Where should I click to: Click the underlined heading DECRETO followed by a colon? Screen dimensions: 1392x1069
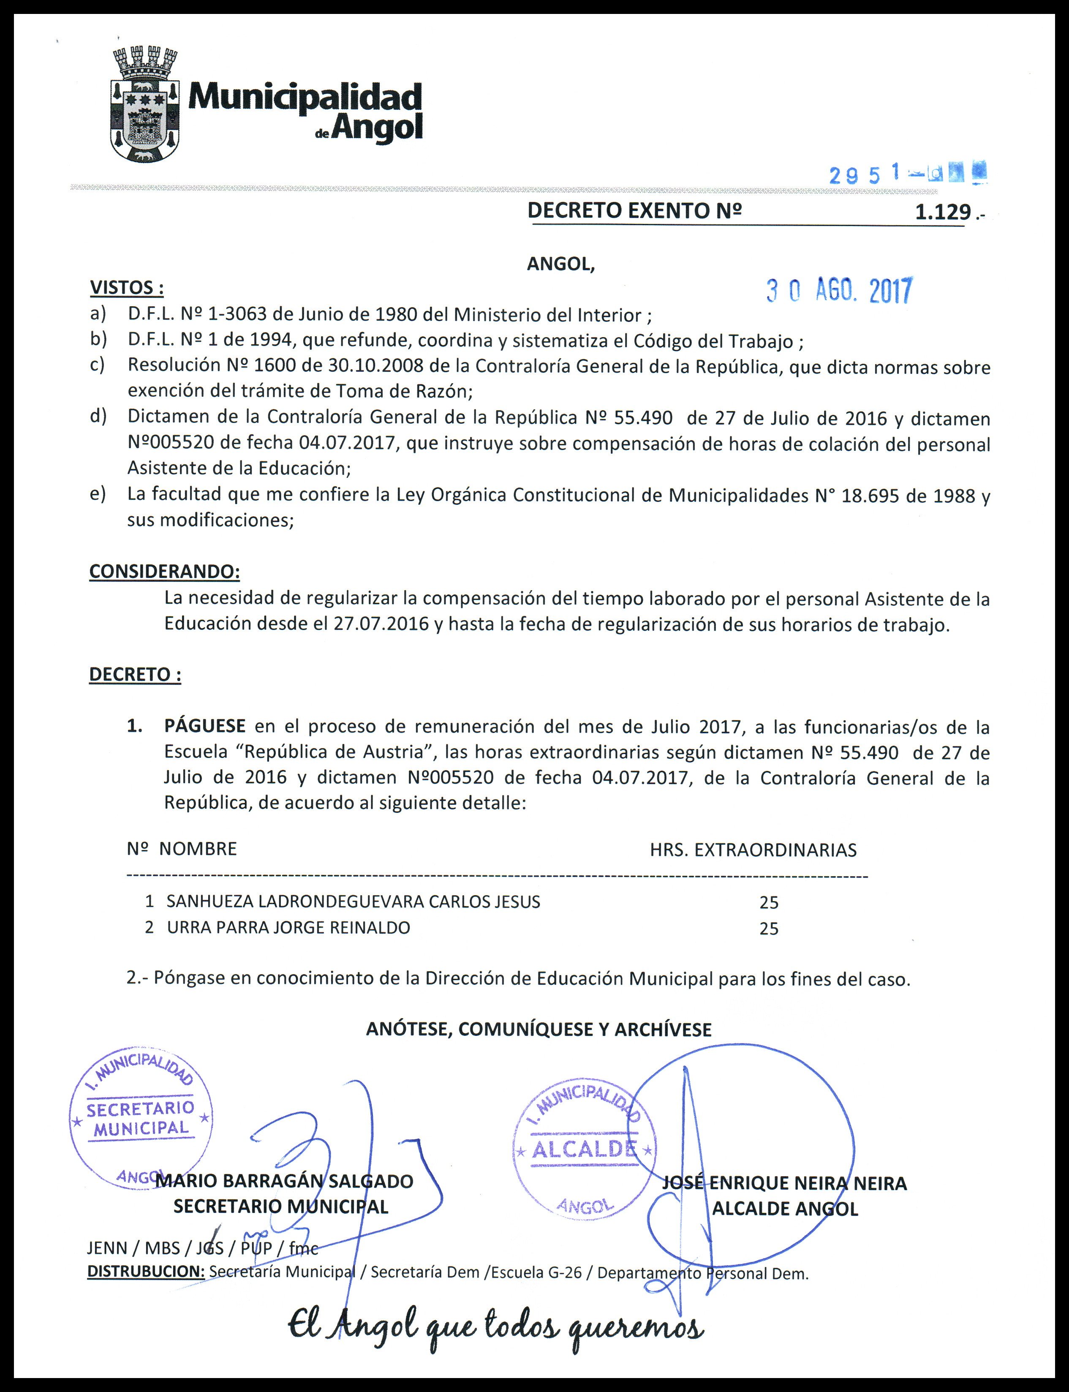tap(135, 674)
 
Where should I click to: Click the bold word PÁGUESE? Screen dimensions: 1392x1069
tap(205, 726)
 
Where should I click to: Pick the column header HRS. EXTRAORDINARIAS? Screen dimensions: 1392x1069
tap(753, 850)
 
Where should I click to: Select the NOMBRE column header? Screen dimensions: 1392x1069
tap(198, 848)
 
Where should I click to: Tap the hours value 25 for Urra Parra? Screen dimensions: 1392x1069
tap(769, 929)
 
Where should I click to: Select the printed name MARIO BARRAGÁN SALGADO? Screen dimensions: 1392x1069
tap(284, 1181)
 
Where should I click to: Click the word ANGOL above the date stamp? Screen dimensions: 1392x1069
tap(560, 264)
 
